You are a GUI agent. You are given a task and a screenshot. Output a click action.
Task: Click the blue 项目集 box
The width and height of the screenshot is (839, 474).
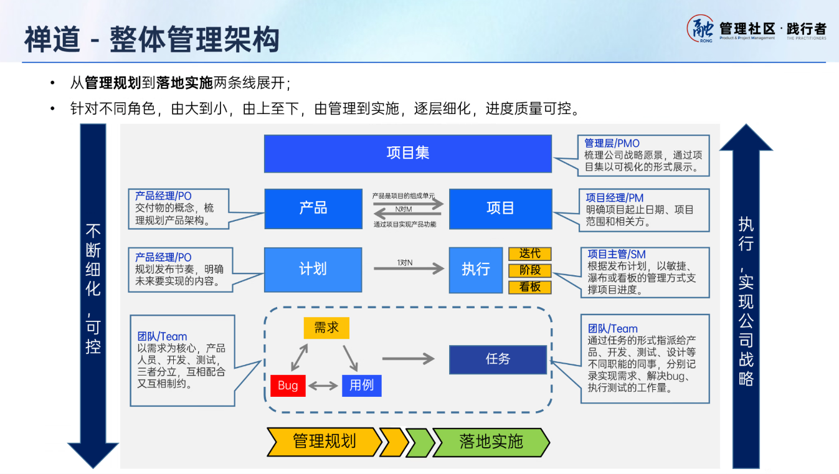click(x=408, y=153)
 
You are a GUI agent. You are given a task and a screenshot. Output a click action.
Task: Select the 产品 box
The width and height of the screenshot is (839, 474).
click(x=313, y=209)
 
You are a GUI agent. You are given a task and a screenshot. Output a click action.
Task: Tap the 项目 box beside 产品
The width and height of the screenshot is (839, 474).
click(x=500, y=209)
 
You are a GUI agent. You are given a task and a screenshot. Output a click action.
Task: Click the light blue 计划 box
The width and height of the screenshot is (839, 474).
click(x=313, y=270)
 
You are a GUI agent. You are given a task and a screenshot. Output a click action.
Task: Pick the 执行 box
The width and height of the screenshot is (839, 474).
click(x=475, y=270)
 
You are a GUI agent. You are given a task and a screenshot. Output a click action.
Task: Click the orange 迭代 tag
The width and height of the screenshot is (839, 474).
click(x=530, y=254)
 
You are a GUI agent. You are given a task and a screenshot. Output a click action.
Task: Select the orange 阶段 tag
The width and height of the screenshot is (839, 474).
click(x=530, y=270)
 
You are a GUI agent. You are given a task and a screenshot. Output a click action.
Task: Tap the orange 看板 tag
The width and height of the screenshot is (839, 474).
click(x=530, y=287)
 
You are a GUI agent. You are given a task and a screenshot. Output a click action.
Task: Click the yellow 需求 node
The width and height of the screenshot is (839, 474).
click(x=326, y=328)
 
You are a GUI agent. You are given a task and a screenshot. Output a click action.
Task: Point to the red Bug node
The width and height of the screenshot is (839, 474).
click(x=288, y=386)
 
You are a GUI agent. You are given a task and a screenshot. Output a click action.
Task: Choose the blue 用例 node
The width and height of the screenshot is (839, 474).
click(x=361, y=386)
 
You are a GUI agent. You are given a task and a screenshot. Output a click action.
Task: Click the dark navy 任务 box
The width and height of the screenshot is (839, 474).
click(x=498, y=359)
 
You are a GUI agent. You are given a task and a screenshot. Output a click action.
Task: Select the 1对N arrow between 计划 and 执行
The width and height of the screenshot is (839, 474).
click(x=409, y=268)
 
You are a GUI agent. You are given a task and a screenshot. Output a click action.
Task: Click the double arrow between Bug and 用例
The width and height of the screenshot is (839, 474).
click(x=324, y=386)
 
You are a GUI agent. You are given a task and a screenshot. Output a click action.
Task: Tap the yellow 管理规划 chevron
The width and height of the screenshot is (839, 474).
click(x=324, y=442)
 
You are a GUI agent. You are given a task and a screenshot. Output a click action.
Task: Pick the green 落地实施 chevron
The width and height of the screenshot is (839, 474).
click(x=491, y=442)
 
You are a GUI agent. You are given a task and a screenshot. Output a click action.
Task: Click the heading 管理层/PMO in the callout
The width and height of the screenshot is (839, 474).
click(x=612, y=144)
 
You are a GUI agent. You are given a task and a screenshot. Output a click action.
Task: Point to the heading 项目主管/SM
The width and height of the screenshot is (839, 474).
click(x=617, y=254)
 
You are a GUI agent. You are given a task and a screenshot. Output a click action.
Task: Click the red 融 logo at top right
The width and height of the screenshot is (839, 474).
click(x=701, y=29)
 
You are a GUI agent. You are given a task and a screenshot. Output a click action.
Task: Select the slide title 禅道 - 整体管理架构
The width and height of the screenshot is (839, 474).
click(x=152, y=39)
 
